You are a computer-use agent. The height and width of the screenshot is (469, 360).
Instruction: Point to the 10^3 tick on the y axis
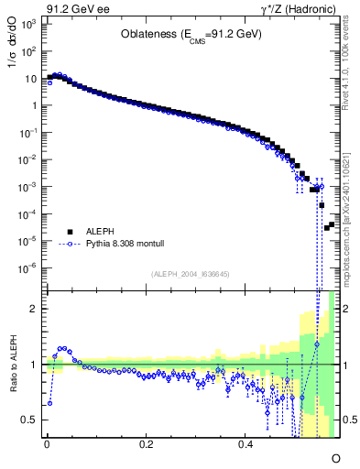[x=27, y=24]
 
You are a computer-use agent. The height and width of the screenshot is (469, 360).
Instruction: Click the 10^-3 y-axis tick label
[x=27, y=187]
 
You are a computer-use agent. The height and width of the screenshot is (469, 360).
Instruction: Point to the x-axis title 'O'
[x=335, y=457]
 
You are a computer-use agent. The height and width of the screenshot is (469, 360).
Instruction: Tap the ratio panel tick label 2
[x=33, y=309]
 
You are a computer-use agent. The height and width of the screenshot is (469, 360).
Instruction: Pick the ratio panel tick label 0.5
[x=29, y=420]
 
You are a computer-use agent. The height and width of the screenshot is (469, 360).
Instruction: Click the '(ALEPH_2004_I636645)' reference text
[x=191, y=275]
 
